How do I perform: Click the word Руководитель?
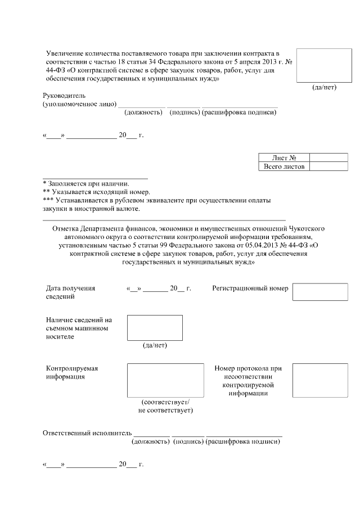(63, 96)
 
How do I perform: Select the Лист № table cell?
(284, 158)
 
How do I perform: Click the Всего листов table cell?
(284, 167)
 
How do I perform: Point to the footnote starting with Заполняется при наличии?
(86, 183)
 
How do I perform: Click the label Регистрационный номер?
(250, 289)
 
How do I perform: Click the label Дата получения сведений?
(70, 292)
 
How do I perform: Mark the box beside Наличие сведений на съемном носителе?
(155, 328)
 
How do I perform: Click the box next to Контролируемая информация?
(165, 381)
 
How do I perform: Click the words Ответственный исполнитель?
(87, 433)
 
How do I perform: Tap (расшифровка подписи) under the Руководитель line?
(239, 112)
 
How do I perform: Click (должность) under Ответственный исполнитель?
(150, 442)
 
